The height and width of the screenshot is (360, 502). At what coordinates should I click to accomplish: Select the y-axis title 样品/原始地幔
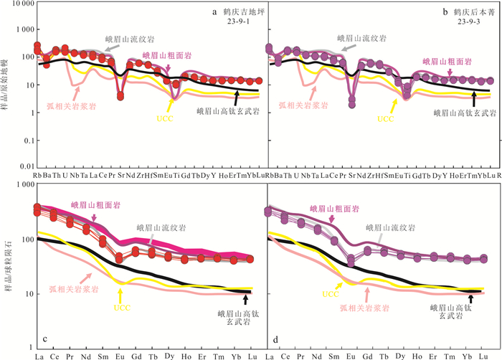pyautogui.click(x=7, y=86)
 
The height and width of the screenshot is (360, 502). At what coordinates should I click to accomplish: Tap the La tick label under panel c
pyautogui.click(x=38, y=355)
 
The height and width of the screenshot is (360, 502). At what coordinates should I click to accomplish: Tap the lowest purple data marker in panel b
pyautogui.click(x=352, y=105)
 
